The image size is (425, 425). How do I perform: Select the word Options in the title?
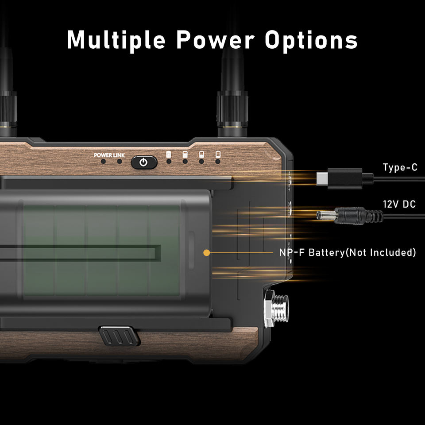311,40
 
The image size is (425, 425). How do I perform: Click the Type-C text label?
400,168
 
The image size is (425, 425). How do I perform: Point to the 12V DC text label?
399,205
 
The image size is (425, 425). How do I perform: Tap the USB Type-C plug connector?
339,178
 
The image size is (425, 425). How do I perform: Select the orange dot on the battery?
206,253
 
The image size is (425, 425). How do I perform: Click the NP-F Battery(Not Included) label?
348,253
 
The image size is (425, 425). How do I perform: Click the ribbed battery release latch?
117,336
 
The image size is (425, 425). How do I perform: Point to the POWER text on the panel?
102,155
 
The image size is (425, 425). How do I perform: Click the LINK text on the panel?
119,155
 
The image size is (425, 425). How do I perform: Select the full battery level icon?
168,155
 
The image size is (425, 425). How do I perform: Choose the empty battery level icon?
217,155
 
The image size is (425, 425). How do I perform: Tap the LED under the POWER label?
103,162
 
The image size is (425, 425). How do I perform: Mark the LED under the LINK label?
119,162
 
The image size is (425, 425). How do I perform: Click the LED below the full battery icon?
169,162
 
